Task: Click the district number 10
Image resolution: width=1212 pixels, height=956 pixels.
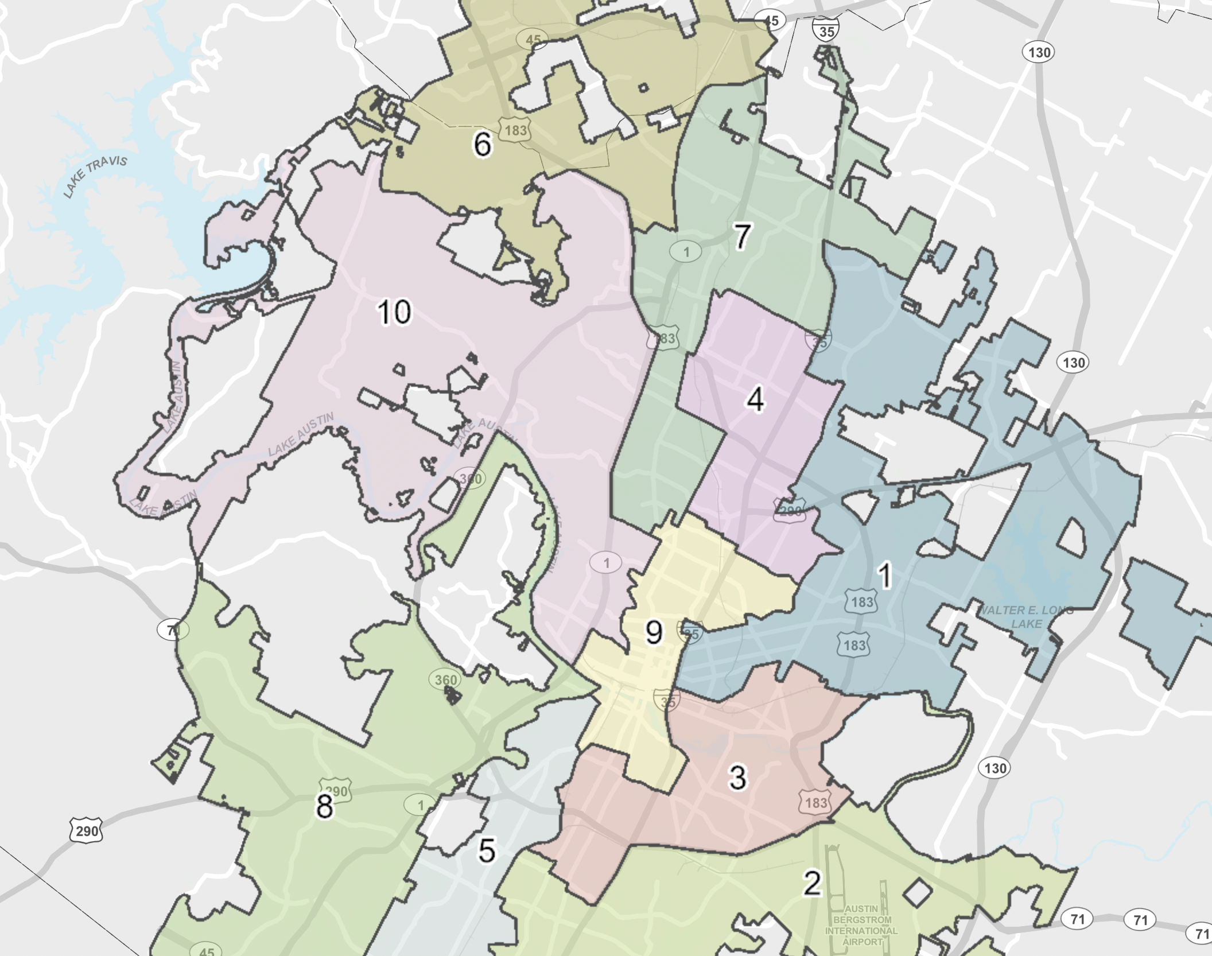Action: [x=394, y=313]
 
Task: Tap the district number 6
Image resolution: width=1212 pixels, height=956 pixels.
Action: [x=482, y=144]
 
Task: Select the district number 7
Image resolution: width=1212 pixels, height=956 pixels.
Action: [x=743, y=236]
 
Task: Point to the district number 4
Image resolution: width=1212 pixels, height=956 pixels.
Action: [x=755, y=399]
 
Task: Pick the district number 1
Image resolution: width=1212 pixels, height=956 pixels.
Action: [x=885, y=576]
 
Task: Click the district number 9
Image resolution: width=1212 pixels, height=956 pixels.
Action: [x=654, y=632]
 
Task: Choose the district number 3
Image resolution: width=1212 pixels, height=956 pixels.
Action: [x=738, y=778]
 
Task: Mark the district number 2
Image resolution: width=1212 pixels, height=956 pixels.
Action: [x=812, y=883]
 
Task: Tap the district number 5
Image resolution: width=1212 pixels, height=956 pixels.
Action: [x=487, y=850]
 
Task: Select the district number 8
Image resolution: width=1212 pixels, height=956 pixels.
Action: [x=324, y=806]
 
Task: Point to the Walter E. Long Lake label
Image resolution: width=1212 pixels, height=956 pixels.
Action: [x=1025, y=617]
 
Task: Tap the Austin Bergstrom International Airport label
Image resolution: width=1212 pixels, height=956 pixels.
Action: [x=861, y=925]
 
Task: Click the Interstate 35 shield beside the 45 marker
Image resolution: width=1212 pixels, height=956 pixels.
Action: [x=826, y=29]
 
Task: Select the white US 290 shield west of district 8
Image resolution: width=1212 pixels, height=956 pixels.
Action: [x=87, y=830]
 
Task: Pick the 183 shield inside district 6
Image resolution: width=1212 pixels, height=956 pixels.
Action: [x=515, y=130]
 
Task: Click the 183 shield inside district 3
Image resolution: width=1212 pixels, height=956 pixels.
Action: [x=815, y=802]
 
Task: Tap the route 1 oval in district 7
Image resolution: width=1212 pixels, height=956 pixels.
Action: [x=686, y=251]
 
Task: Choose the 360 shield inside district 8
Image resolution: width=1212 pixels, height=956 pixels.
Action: [x=445, y=680]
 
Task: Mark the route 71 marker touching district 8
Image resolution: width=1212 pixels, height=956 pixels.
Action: [x=172, y=630]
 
